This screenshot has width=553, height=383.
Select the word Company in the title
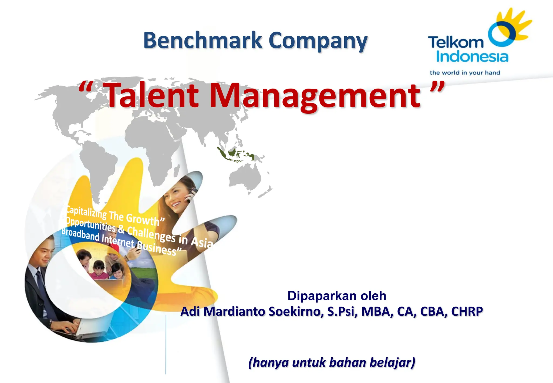point(318,41)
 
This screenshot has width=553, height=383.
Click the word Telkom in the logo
point(456,42)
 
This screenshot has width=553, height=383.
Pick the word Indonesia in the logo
point(472,56)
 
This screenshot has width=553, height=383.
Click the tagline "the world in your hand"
point(465,73)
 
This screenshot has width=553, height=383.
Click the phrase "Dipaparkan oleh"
point(337,296)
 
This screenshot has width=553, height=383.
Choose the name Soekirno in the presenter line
point(296,311)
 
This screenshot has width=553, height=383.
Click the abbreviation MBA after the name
point(377,311)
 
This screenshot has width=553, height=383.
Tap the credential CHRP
point(467,311)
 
